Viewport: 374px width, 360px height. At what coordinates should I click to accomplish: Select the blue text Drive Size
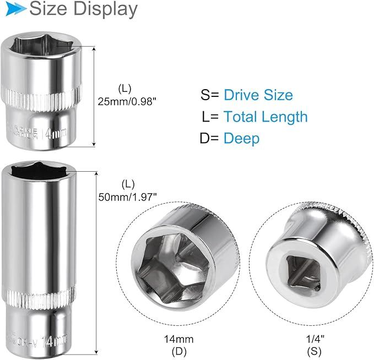click(258, 95)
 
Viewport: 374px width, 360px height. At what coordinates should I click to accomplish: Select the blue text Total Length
click(265, 116)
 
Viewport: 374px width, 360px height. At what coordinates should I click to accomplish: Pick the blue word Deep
click(241, 138)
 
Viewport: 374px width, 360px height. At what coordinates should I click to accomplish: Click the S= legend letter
click(210, 95)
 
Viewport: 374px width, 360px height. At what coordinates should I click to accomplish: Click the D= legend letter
click(210, 138)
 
